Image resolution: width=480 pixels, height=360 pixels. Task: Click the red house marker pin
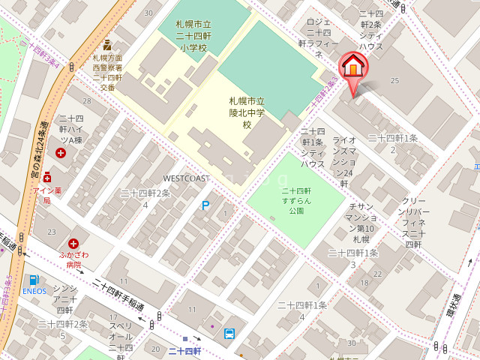353,68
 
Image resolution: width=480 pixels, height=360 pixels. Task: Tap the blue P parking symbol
205,205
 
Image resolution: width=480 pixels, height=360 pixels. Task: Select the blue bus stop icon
229,334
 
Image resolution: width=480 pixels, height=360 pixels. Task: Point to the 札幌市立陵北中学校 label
247,112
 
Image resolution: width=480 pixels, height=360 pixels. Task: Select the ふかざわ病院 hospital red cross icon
73,243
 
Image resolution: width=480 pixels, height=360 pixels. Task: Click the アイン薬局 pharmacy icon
46,178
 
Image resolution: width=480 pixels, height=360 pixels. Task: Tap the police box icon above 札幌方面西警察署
107,45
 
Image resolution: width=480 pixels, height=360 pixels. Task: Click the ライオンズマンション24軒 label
344,161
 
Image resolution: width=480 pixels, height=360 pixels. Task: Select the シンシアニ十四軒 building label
64,298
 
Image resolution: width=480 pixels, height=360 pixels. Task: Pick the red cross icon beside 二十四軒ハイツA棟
61,153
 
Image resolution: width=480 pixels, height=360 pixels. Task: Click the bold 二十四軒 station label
184,351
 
